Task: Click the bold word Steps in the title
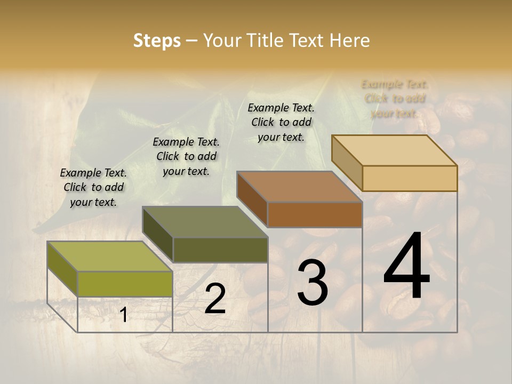[x=157, y=41]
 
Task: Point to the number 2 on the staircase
[x=215, y=299]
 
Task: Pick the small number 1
[x=123, y=315]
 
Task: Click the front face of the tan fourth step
[x=410, y=178]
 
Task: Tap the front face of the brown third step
[x=315, y=214]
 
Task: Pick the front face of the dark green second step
[x=220, y=250]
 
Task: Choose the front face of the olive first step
[x=125, y=284]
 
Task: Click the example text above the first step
[x=93, y=187]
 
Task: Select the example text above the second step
[x=186, y=156]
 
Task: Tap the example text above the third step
[x=281, y=122]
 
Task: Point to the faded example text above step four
[x=395, y=99]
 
